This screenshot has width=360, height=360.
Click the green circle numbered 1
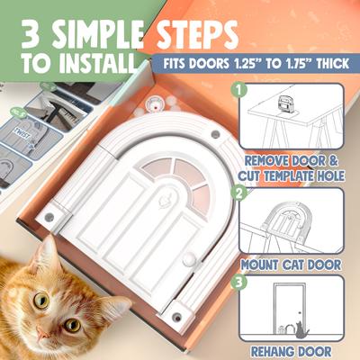[x=238, y=90]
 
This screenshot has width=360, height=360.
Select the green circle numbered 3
[x=238, y=282]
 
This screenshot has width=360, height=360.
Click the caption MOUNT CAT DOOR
[x=292, y=265]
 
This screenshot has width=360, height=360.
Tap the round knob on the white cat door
[x=188, y=260]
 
